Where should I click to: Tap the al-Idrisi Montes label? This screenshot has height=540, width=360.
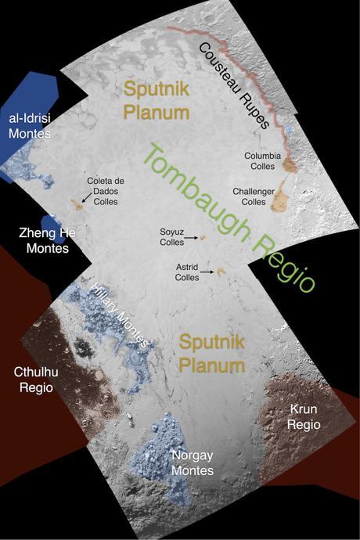(x=30, y=127)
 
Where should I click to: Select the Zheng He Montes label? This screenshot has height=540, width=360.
(x=42, y=241)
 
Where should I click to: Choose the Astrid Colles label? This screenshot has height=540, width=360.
(x=187, y=272)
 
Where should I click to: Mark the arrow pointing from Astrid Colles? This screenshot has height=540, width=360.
(x=207, y=272)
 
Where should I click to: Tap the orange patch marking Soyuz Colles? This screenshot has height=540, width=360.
(x=202, y=237)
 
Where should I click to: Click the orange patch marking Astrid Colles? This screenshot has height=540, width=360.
(x=221, y=272)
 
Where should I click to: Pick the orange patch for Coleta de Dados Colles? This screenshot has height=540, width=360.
(x=77, y=204)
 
